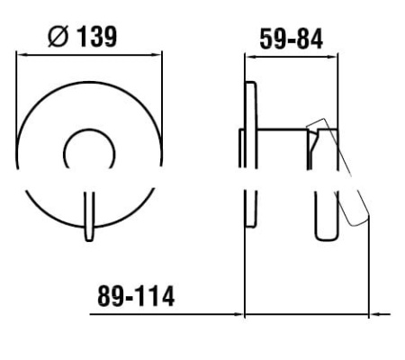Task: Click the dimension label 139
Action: [x=97, y=37]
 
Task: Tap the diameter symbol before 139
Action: [x=58, y=37]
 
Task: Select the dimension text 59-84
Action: [x=292, y=39]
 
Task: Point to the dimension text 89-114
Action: [x=136, y=296]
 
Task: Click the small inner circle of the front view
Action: [x=89, y=130]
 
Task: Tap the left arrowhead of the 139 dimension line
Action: [x=22, y=55]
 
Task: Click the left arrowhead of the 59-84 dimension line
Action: [x=250, y=57]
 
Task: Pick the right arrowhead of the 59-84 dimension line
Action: [x=332, y=57]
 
